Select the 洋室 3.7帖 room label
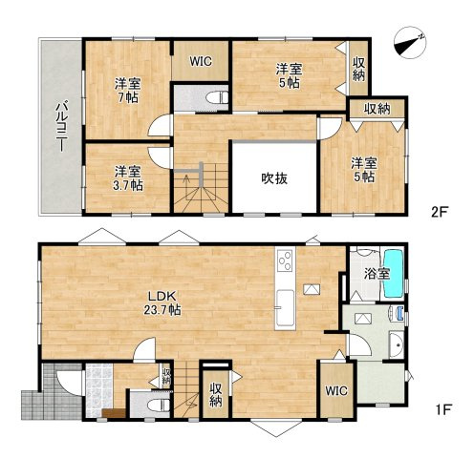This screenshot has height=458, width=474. click(x=127, y=177)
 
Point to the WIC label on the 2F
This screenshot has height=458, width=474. click(x=200, y=60)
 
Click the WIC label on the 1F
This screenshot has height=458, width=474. click(x=335, y=389)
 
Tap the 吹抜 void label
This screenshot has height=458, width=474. click(x=274, y=177)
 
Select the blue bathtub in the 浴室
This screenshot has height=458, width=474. click(x=394, y=273)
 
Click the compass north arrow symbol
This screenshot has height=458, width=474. click(x=410, y=40)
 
